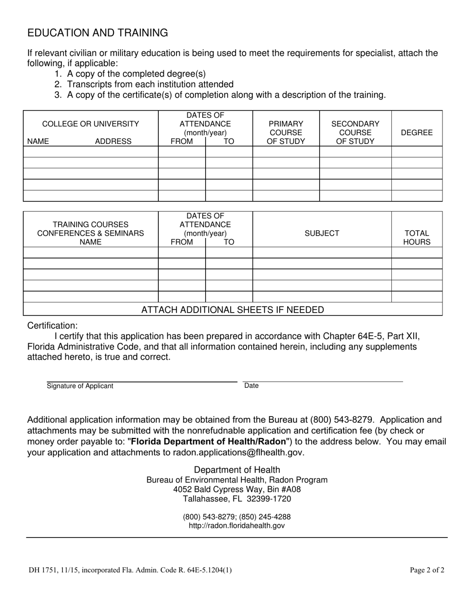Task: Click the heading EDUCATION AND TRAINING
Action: coord(97,33)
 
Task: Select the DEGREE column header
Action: coord(416,132)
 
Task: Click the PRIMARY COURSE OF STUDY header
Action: coord(286,133)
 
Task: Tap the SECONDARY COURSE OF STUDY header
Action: coord(355,133)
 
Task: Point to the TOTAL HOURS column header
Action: coord(416,238)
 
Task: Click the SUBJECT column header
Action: coord(322,233)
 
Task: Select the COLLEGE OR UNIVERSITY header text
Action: coord(91,124)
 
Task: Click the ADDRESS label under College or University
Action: coord(113,141)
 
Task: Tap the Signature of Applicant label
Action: coord(80,386)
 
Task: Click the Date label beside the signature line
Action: coord(251,386)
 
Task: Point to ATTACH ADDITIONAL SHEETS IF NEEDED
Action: coord(232,310)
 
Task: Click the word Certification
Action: coord(52,325)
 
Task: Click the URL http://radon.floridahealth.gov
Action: coord(237,526)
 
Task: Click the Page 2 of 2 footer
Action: coord(427,569)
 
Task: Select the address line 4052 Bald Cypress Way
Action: coord(237,489)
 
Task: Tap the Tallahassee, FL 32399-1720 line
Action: coord(237,499)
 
